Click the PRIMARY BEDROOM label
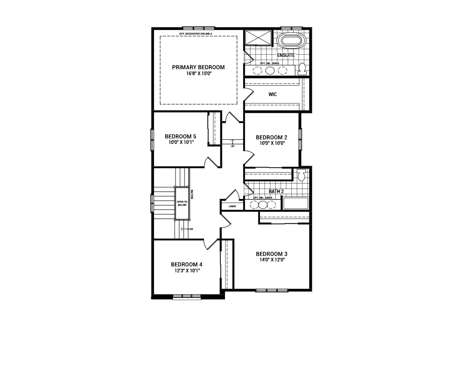pyautogui.click(x=198, y=67)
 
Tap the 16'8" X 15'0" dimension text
pyautogui.click(x=198, y=73)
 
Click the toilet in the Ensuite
pyautogui.click(x=302, y=69)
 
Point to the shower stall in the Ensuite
pyautogui.click(x=258, y=38)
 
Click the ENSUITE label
pyautogui.click(x=286, y=55)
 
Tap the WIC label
pyautogui.click(x=272, y=95)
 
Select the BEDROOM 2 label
pyautogui.click(x=271, y=138)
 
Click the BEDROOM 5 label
pyautogui.click(x=180, y=137)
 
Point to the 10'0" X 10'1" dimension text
pyautogui.click(x=180, y=142)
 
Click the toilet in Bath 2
pyautogui.click(x=301, y=175)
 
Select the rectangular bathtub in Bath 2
pyautogui.click(x=295, y=203)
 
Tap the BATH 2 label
pyautogui.click(x=276, y=192)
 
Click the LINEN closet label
pyautogui.click(x=232, y=206)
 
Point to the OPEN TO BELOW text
pyautogui.click(x=182, y=203)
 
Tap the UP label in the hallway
pyautogui.click(x=233, y=146)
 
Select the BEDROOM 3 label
pyautogui.click(x=271, y=254)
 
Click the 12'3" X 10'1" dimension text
pyautogui.click(x=186, y=270)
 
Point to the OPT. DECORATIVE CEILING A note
pyautogui.click(x=198, y=34)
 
